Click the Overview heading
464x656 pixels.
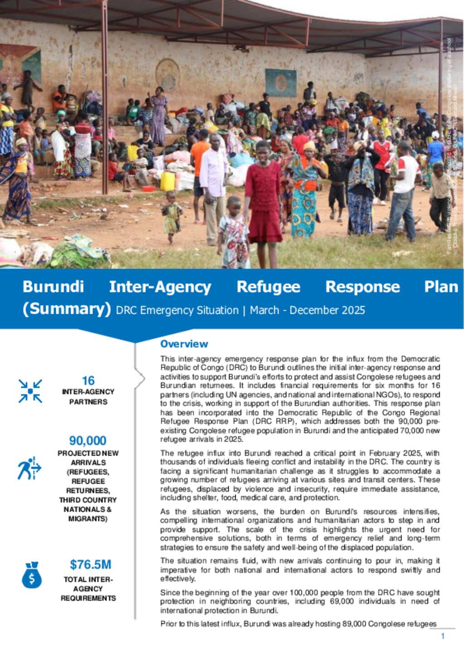pos(184,344)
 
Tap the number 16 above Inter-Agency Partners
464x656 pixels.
pos(88,380)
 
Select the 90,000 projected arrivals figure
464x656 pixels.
pos(87,440)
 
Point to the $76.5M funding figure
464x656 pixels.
pos(90,564)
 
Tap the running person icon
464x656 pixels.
pos(29,468)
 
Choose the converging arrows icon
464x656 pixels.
pos(30,391)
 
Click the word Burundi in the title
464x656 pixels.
pos(53,287)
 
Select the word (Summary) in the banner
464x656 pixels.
pos(67,309)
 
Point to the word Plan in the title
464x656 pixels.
pos(440,287)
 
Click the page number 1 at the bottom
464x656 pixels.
pos(443,636)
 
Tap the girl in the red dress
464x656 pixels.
pos(263,195)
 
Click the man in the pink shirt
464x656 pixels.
pos(213,181)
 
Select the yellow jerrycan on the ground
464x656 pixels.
pos(168,181)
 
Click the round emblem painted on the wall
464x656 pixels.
pos(168,74)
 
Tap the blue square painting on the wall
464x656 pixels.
pos(280,83)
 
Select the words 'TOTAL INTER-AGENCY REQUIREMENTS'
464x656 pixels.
pos(88,588)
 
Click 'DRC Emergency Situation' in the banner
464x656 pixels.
pos(177,310)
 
